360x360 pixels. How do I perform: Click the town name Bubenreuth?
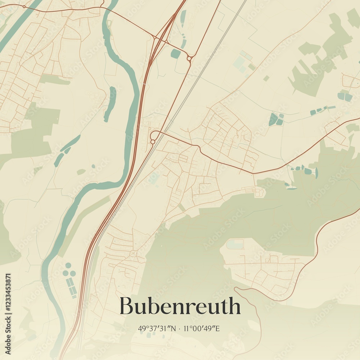point(180,306)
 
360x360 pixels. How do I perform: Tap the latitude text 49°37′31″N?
point(157,328)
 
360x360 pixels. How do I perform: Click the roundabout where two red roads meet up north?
point(189,58)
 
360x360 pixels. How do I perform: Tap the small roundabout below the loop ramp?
point(153,142)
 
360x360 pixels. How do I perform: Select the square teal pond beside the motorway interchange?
point(176,54)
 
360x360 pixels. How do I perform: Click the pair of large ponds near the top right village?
point(344,96)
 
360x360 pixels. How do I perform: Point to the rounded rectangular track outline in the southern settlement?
point(235,244)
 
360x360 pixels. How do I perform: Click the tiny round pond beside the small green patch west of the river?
point(93,166)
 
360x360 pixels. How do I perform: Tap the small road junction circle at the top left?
point(24,6)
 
